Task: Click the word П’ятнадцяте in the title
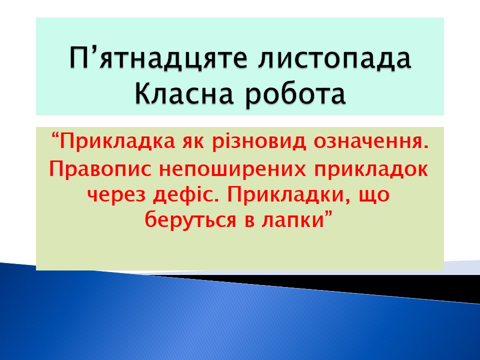(x=158, y=58)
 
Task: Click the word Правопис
(x=100, y=169)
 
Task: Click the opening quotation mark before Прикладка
(x=55, y=135)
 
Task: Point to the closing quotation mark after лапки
(x=328, y=216)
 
